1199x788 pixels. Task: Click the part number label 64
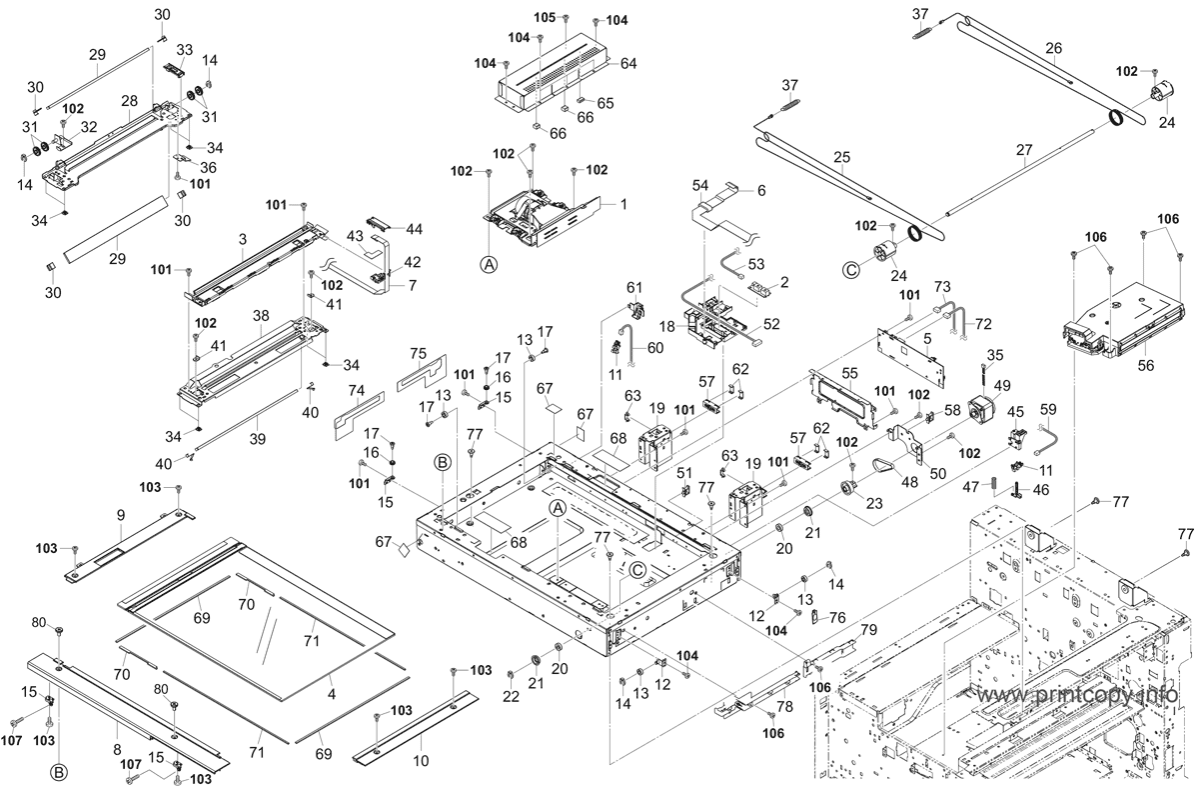[628, 64]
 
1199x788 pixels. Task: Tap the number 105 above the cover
[545, 18]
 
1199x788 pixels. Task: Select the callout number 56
[1145, 365]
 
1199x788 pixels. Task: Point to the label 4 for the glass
[332, 695]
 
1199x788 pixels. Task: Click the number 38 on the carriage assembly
[261, 316]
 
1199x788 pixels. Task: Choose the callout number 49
[1002, 386]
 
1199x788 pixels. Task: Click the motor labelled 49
[984, 418]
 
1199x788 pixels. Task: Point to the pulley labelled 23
[848, 489]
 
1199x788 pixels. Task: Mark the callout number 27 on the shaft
[1024, 150]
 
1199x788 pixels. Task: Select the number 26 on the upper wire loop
[1053, 48]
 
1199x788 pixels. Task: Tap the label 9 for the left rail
[121, 515]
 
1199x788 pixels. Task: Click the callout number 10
[422, 761]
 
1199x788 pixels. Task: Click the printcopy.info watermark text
[1077, 695]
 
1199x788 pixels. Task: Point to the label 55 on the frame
[849, 373]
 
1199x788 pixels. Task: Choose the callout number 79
[868, 629]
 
